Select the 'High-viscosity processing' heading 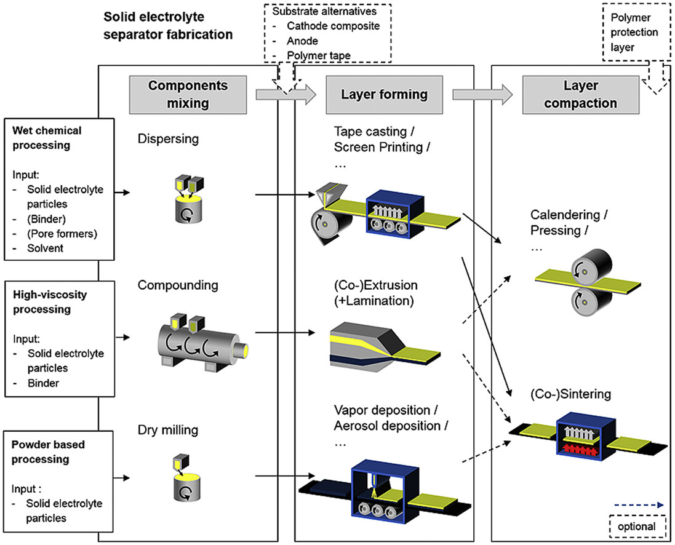click(51, 301)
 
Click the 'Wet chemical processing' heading click(46, 137)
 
